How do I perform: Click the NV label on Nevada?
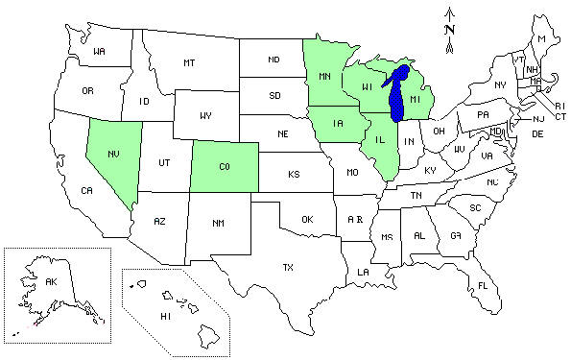click(113, 153)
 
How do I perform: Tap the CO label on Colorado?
click(224, 166)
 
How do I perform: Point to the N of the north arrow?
click(449, 29)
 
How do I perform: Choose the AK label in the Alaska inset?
click(52, 281)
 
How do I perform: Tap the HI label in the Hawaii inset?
click(165, 315)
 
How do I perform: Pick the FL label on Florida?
click(483, 286)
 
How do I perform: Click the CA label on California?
click(85, 191)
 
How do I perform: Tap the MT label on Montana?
click(189, 62)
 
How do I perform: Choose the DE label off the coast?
click(537, 133)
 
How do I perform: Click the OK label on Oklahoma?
click(307, 219)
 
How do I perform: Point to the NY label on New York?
click(499, 84)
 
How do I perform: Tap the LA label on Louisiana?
click(363, 272)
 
